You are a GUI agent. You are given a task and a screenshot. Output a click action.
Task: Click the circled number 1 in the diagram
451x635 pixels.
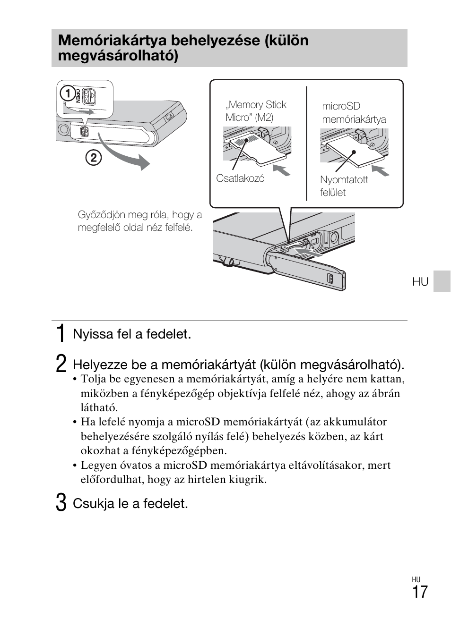click(68, 93)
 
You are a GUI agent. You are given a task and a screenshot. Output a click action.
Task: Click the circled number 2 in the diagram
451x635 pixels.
click(93, 157)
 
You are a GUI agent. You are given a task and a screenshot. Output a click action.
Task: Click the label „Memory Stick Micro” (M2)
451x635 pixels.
click(256, 111)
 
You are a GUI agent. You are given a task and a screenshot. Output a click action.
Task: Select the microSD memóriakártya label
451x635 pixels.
click(354, 113)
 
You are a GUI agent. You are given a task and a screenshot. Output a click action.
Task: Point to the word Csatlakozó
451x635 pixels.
click(240, 178)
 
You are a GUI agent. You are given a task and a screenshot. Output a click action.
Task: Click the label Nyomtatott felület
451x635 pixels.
click(344, 186)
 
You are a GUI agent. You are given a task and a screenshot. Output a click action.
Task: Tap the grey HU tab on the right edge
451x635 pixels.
click(442, 281)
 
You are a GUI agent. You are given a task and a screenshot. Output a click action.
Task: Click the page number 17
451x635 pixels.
click(419, 592)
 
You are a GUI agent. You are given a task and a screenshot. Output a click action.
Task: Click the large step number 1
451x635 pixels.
click(61, 334)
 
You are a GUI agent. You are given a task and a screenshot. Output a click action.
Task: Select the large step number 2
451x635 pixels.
click(61, 364)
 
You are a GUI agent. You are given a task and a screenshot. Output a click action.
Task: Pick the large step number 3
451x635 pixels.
click(61, 503)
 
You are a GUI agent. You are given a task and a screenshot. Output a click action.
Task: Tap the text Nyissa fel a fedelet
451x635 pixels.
click(132, 334)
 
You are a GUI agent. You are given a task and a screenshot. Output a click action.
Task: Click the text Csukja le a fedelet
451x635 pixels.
click(130, 504)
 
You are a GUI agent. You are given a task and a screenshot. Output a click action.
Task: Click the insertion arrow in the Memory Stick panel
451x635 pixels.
click(282, 169)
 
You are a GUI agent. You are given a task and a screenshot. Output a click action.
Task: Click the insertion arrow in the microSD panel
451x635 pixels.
click(381, 170)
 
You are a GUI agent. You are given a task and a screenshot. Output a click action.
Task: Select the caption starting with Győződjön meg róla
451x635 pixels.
click(139, 221)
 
